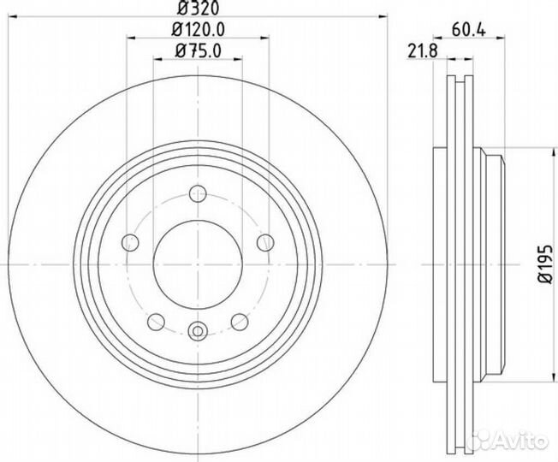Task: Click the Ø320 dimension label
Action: click(x=199, y=8)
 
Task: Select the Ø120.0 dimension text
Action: click(x=199, y=30)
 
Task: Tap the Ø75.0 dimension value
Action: click(x=199, y=50)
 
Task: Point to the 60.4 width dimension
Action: click(x=469, y=30)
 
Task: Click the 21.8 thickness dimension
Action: click(x=423, y=50)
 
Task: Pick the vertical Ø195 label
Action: click(x=545, y=264)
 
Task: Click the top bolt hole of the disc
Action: click(x=198, y=194)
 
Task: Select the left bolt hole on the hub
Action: click(x=130, y=243)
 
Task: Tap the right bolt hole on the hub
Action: click(x=265, y=243)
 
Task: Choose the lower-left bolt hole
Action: click(x=156, y=322)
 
